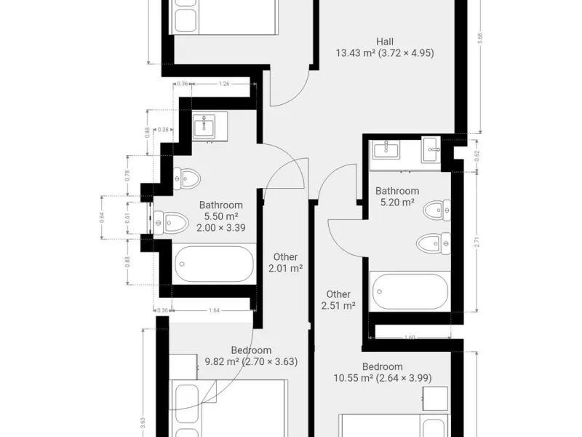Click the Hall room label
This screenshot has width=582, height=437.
pyautogui.click(x=385, y=42)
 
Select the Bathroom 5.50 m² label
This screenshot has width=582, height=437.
pyautogui.click(x=221, y=216)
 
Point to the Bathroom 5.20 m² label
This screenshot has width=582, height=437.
pyautogui.click(x=397, y=197)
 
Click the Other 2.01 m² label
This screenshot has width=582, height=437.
pyautogui.click(x=285, y=262)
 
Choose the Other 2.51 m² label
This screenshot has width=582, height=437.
pyautogui.click(x=338, y=300)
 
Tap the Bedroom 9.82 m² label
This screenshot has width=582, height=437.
pyautogui.click(x=251, y=355)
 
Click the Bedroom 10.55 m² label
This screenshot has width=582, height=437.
pyautogui.click(x=383, y=372)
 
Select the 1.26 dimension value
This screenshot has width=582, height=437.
pyautogui.click(x=224, y=84)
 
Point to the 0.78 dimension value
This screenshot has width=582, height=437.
pyautogui.click(x=128, y=176)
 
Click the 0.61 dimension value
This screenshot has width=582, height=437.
pyautogui.click(x=128, y=218)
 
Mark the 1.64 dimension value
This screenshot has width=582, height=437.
pyautogui.click(x=214, y=310)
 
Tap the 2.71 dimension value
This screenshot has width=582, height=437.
pyautogui.click(x=477, y=242)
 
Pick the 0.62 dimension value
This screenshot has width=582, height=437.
pyautogui.click(x=477, y=155)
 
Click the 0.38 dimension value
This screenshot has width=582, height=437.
pyautogui.click(x=163, y=130)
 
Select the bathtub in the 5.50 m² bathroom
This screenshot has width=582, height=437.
pyautogui.click(x=214, y=264)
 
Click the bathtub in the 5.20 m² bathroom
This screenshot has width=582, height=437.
pyautogui.click(x=410, y=292)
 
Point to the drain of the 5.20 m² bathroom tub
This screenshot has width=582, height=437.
pyautogui.click(x=380, y=292)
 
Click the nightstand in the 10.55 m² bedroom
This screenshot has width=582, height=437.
pyautogui.click(x=435, y=398)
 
